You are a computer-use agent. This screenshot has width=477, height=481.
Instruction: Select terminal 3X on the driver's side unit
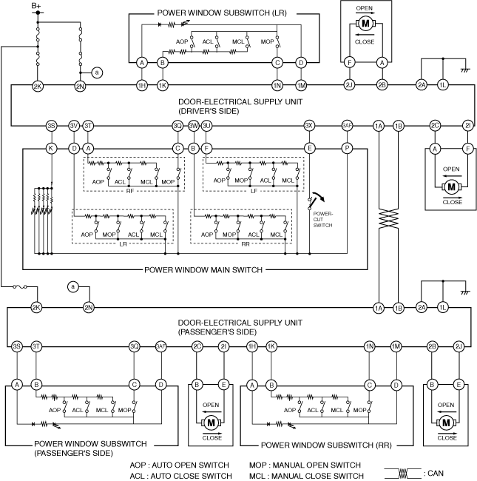coord(310,126)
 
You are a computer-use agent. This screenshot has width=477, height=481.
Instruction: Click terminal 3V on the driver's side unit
coord(74,126)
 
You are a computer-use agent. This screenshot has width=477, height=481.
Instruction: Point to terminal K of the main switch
coord(50,148)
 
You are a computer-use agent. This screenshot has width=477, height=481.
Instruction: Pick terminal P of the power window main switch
coord(346,148)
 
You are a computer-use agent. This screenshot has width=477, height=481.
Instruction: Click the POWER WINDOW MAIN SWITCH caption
coord(195,270)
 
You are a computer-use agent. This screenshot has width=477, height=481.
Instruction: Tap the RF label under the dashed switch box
coord(130,189)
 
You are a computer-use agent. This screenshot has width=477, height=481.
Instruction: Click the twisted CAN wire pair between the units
coord(388,220)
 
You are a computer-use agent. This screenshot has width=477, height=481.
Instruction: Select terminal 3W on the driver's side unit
coord(194,126)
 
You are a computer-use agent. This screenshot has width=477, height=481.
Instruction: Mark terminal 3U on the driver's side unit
coord(207,126)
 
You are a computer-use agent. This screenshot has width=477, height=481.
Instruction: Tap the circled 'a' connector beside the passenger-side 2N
coord(72,286)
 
